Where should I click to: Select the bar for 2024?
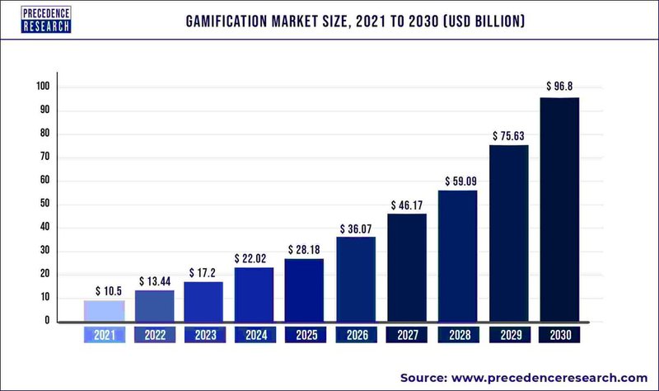pyautogui.click(x=255, y=294)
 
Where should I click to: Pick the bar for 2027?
pyautogui.click(x=407, y=267)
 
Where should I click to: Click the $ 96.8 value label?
pyautogui.click(x=560, y=86)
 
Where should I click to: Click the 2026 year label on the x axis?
pyautogui.click(x=357, y=336)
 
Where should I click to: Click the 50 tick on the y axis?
pyautogui.click(x=45, y=204)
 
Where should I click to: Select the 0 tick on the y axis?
pyautogui.click(x=48, y=321)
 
